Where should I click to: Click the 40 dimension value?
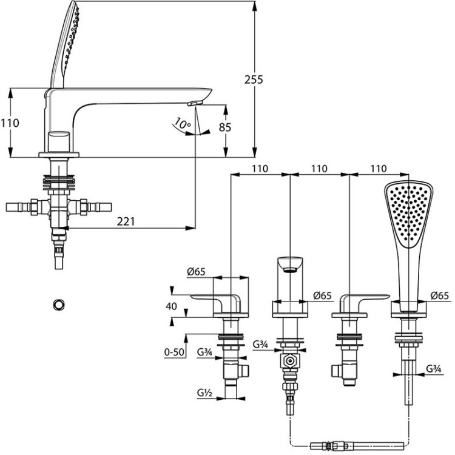coord(171,306)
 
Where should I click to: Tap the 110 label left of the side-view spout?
coord(10,123)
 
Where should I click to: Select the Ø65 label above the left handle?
coord(195,272)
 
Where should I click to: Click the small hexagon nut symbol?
coord(59,304)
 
